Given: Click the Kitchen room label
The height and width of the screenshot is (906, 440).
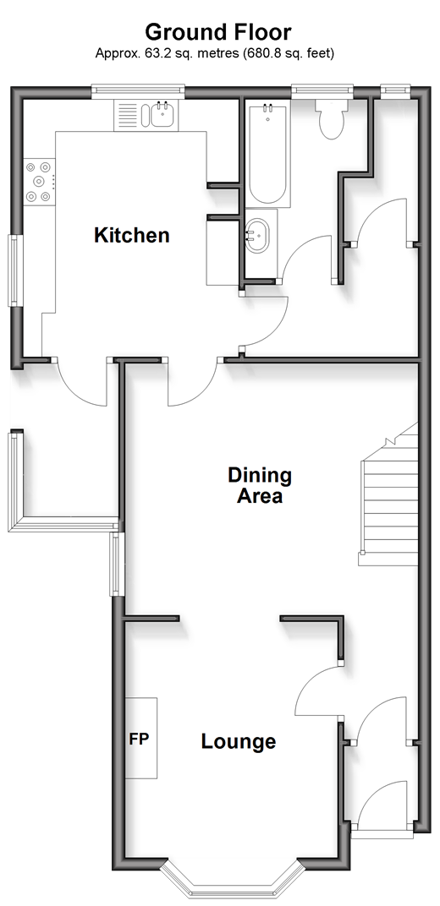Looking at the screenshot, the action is pyautogui.click(x=132, y=235).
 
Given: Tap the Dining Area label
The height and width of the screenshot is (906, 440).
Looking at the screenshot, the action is pyautogui.click(x=260, y=485).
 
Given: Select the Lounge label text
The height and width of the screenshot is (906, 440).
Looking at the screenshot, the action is pyautogui.click(x=239, y=741).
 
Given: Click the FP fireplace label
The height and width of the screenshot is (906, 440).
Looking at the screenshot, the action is pyautogui.click(x=139, y=739).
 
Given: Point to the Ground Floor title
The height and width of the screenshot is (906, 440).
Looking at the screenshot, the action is pyautogui.click(x=218, y=31).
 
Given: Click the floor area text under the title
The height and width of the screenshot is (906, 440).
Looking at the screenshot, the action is pyautogui.click(x=215, y=54).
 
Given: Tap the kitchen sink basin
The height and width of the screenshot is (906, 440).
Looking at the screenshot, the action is pyautogui.click(x=162, y=114).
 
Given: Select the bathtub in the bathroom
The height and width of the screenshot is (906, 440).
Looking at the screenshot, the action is pyautogui.click(x=267, y=153).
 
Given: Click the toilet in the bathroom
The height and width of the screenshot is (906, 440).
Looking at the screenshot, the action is pyautogui.click(x=332, y=118).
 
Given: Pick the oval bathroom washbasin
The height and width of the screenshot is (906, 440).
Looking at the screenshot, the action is pyautogui.click(x=259, y=236).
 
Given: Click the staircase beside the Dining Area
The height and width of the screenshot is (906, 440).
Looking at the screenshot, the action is pyautogui.click(x=388, y=500).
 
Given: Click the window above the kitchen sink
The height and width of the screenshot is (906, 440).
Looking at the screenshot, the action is pyautogui.click(x=138, y=90).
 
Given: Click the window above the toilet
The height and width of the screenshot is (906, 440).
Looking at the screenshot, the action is pyautogui.click(x=322, y=89).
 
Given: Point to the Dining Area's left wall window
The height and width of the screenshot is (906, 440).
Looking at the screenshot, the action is pyautogui.click(x=118, y=564).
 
